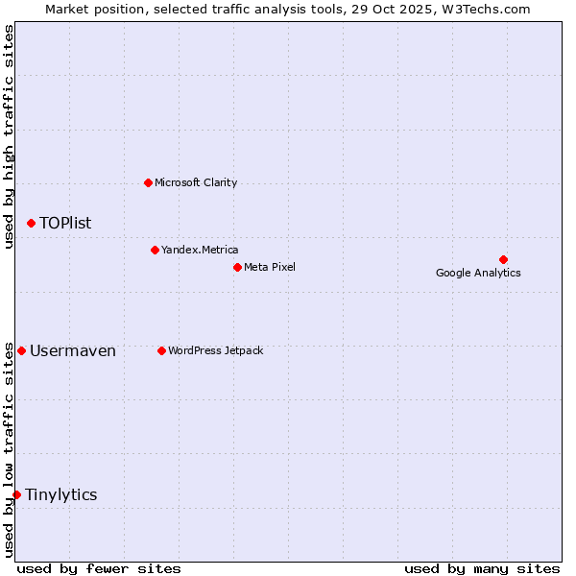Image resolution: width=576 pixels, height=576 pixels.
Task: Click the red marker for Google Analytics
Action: point(503,259)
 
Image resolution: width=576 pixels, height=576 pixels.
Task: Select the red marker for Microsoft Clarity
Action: point(148,182)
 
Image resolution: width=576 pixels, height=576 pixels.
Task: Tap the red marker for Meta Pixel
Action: point(237,267)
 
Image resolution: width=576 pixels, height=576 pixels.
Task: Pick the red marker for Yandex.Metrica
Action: point(155,250)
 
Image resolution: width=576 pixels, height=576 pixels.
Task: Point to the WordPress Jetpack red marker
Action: point(161,350)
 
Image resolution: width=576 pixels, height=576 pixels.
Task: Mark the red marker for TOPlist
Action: point(31,223)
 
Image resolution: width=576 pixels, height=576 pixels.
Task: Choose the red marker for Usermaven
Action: point(21,350)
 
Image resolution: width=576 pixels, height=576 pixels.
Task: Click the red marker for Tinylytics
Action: point(16,494)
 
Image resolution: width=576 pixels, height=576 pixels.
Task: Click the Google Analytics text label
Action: point(478,273)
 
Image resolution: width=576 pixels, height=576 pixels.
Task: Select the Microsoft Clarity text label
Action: point(196,182)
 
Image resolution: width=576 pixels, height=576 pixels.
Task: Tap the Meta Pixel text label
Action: point(270,267)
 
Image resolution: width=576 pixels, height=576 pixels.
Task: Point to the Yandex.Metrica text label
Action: point(200,250)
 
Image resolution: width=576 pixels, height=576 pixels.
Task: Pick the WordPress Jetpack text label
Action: point(215,350)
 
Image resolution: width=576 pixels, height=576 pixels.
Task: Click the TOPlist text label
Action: point(65,223)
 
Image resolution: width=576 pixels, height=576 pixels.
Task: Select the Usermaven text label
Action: point(73,350)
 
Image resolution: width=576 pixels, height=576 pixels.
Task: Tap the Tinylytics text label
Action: point(61,494)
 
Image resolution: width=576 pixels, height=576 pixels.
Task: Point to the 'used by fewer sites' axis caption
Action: point(99,568)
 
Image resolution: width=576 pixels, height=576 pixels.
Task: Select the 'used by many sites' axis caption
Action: point(481,568)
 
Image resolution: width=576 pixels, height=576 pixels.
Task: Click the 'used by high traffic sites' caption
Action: point(10,136)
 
